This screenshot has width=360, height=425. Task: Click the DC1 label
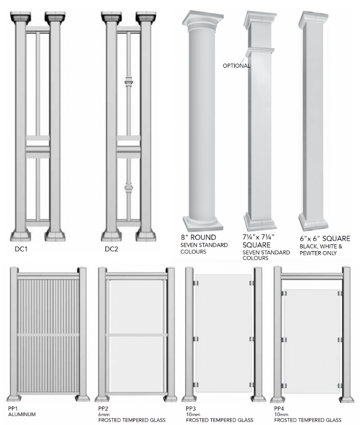(x=22, y=249)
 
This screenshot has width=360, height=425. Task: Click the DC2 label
(x=111, y=249)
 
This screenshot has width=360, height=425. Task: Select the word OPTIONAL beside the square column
(x=236, y=66)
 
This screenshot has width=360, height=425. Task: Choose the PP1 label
(x=14, y=407)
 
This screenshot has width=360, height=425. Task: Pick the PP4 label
(x=280, y=407)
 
